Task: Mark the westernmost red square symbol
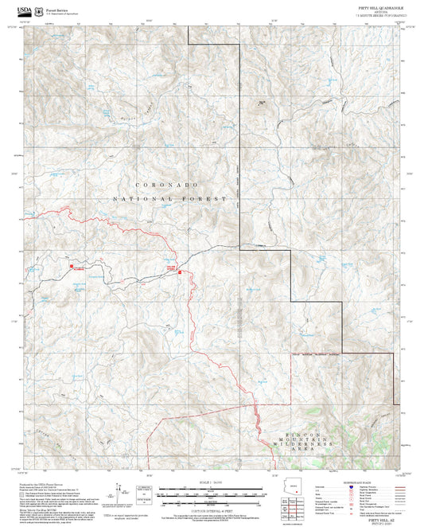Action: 72,266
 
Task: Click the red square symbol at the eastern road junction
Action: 181,273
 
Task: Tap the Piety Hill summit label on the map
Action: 261,103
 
